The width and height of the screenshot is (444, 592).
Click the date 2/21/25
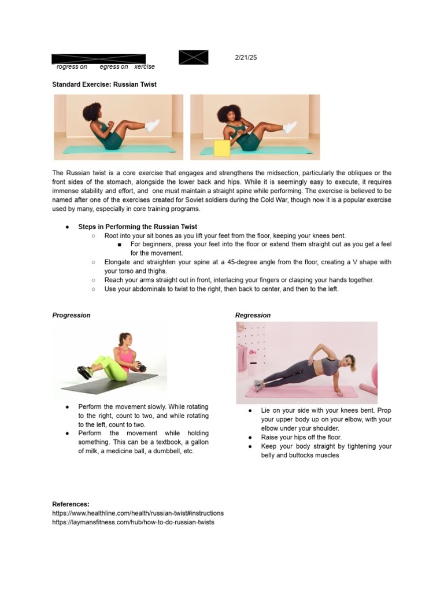[x=245, y=58]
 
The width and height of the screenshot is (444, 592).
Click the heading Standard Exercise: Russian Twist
[x=104, y=84]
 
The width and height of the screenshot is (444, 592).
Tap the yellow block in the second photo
[x=222, y=148]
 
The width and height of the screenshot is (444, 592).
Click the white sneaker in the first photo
[x=152, y=125]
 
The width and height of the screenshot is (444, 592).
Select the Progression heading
[x=71, y=315]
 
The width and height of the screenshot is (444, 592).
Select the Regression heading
[x=253, y=315]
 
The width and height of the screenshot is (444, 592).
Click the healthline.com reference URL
[x=138, y=513]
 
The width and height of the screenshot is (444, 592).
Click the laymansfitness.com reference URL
[x=133, y=522]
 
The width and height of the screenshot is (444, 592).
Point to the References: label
[x=71, y=504]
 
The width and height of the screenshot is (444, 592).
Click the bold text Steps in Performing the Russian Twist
[x=138, y=227]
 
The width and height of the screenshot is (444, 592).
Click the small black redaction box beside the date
[x=193, y=57]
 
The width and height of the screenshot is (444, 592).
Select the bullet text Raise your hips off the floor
[x=301, y=438]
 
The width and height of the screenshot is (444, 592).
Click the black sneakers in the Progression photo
[x=85, y=372]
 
